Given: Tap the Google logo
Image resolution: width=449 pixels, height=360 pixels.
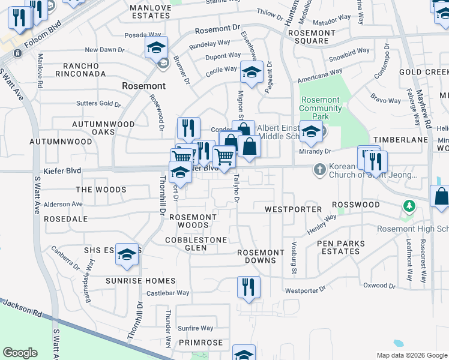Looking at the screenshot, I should pyautogui.click(x=20, y=353).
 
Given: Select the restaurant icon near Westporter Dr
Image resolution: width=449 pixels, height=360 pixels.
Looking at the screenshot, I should pyautogui.click(x=248, y=287).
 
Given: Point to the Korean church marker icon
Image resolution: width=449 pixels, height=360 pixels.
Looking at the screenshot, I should pyautogui.click(x=319, y=170).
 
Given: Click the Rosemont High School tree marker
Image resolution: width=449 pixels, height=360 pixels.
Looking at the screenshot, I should pyautogui.click(x=410, y=206).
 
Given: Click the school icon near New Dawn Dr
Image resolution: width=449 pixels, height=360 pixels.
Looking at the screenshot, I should pyautogui.click(x=156, y=47).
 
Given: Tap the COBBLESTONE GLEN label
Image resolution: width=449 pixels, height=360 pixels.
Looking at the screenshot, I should pyautogui.click(x=196, y=244).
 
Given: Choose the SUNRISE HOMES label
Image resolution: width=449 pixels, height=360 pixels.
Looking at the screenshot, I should pyautogui.click(x=140, y=281).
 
